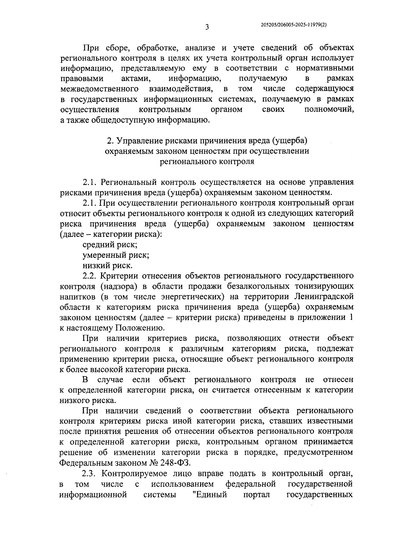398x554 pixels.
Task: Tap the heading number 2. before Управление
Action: [110, 141]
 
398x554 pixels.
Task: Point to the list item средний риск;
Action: [110, 245]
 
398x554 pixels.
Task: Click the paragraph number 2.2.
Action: [89, 276]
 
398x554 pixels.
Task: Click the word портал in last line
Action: [256, 494]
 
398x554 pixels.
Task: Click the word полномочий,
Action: [328, 109]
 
